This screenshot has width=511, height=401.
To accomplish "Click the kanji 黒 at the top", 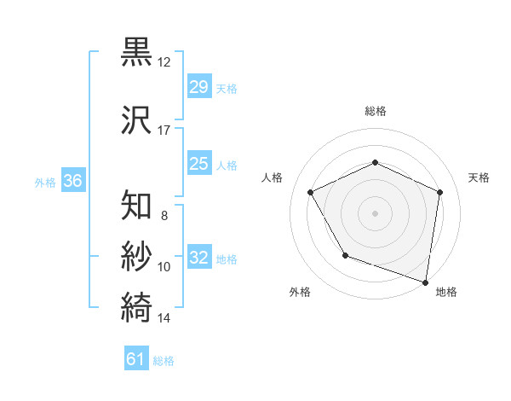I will tap(137, 52).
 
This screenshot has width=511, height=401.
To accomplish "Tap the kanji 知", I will tap(137, 204).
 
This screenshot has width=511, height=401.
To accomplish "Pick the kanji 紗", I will tap(137, 255).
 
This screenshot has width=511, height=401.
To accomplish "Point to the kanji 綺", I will tap(137, 305).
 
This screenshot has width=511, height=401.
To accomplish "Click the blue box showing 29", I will tap(199, 87).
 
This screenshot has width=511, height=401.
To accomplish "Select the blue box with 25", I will tap(199, 164).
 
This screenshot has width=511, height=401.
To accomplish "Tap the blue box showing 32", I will tap(199, 258).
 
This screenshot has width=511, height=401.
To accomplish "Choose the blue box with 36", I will tap(72, 181).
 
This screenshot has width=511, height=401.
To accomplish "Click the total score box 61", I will tap(136, 359).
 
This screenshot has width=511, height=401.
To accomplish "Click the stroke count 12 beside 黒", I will tap(164, 62).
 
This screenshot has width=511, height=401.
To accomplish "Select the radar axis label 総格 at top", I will tap(376, 111).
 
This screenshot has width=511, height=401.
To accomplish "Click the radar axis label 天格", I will tap(479, 177).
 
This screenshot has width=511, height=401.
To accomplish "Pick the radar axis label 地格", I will tap(446, 292).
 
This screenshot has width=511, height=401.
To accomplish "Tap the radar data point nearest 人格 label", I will tap(311, 192).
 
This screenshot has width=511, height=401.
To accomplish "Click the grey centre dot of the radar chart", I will tap(376, 212).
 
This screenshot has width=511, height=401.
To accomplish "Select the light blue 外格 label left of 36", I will tap(45, 182).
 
